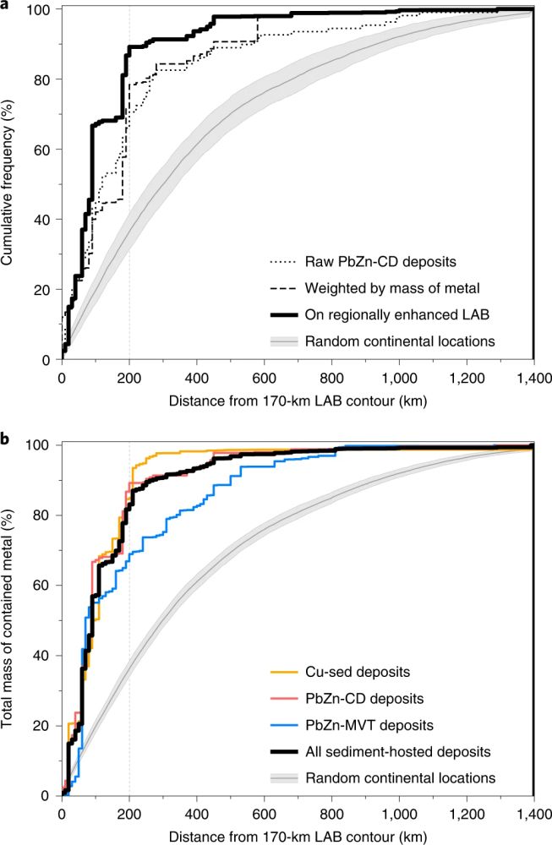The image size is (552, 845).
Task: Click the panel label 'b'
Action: click(x=4, y=439)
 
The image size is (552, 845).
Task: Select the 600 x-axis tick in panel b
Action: click(x=264, y=813)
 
